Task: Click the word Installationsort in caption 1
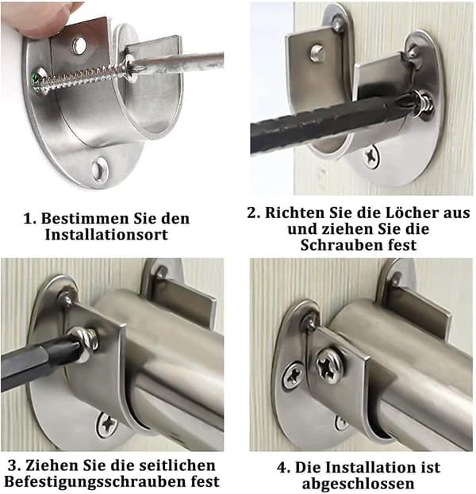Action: (x=106, y=235)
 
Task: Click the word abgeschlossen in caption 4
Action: (x=358, y=484)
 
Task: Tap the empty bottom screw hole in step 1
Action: (x=100, y=170)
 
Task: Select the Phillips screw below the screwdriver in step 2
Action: (x=371, y=156)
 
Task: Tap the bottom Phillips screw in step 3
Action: (x=106, y=426)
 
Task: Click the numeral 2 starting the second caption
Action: (x=252, y=213)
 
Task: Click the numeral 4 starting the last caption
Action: (x=282, y=468)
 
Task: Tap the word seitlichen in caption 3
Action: (x=177, y=465)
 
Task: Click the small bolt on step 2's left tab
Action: (x=316, y=52)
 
